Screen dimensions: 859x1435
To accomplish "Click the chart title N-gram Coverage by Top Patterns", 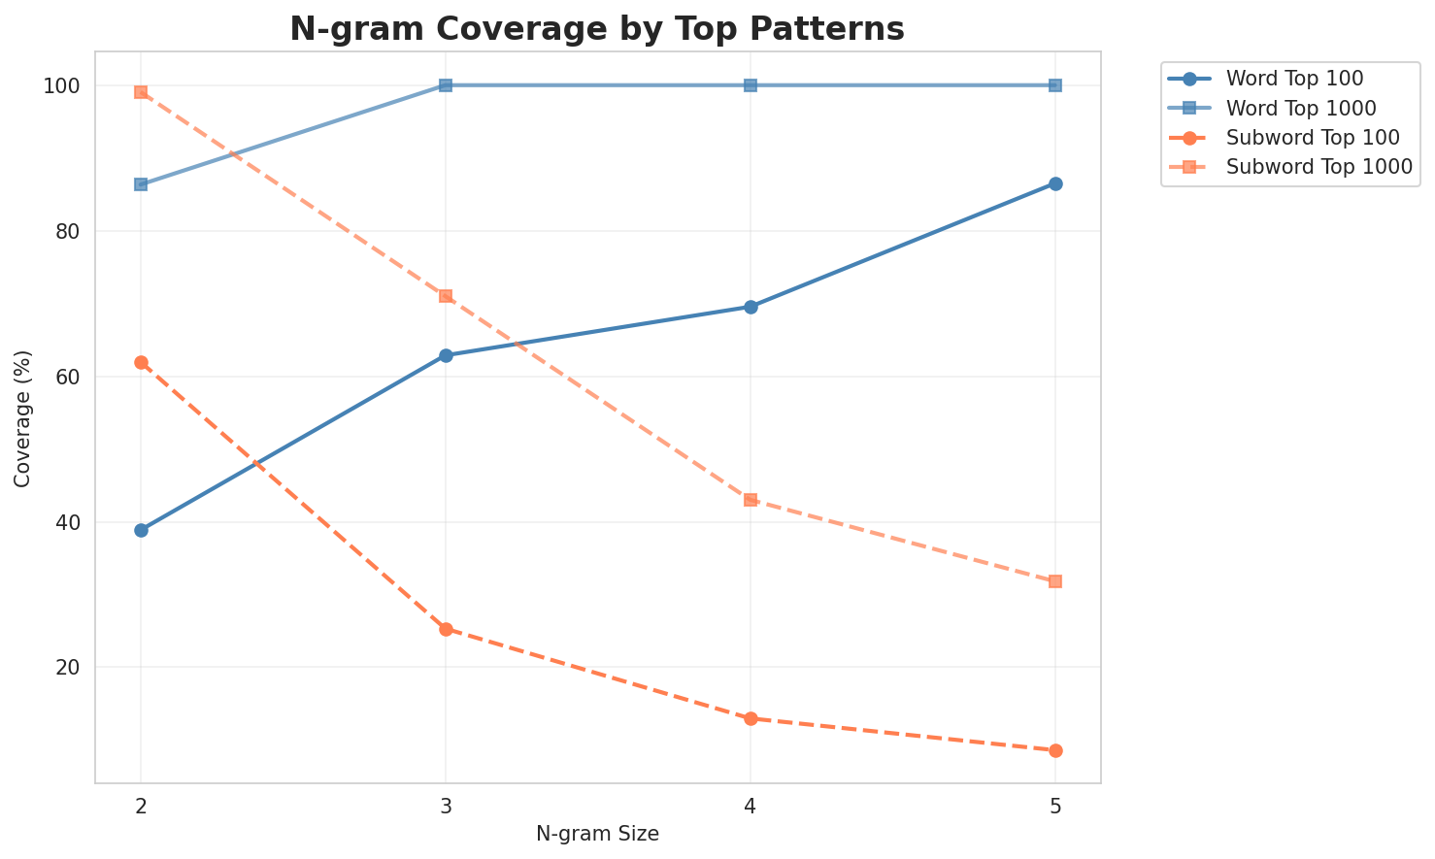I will pyautogui.click(x=597, y=29).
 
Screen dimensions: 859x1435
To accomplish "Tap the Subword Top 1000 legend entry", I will pyautogui.click(x=1318, y=166).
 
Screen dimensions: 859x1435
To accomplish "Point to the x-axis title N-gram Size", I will pyautogui.click(x=597, y=834).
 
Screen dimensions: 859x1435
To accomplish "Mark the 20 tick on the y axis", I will pyautogui.click(x=68, y=668).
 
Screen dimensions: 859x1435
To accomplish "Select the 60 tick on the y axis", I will pyautogui.click(x=68, y=377).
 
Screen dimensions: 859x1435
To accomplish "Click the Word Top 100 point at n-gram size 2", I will pyautogui.click(x=141, y=530).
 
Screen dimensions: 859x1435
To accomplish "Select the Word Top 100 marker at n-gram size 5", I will pyautogui.click(x=1055, y=183).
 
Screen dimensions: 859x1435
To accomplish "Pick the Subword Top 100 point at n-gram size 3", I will pyautogui.click(x=446, y=629).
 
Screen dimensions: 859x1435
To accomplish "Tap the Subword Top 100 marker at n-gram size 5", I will pyautogui.click(x=1055, y=750).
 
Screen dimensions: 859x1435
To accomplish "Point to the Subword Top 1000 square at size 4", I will pyautogui.click(x=751, y=500).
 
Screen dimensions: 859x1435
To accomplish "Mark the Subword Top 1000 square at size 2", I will pyautogui.click(x=141, y=92).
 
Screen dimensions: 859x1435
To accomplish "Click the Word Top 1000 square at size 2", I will pyautogui.click(x=141, y=184).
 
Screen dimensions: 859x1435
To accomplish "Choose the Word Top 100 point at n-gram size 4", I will pyautogui.click(x=751, y=307).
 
